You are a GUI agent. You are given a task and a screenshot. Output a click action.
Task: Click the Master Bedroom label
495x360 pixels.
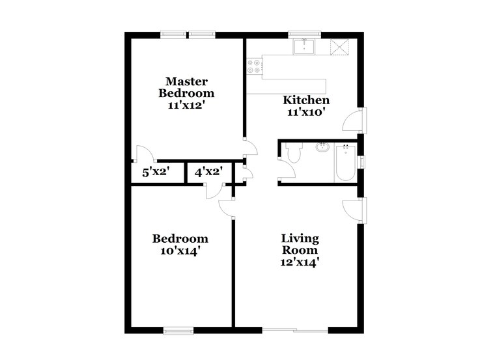point(186,87)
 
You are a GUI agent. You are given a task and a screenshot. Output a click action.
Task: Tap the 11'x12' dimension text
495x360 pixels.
point(186,104)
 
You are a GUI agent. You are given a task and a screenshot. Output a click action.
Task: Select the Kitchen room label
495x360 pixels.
point(305,100)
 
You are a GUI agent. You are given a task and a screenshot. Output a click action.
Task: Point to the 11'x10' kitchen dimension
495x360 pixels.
point(305,112)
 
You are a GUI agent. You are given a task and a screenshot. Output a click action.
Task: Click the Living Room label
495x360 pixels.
point(300,244)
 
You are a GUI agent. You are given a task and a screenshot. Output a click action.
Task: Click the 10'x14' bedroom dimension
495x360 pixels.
point(180,251)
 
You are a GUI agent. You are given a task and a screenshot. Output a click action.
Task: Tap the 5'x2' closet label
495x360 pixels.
point(155,173)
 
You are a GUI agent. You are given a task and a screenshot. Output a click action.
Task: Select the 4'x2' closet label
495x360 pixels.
point(209,173)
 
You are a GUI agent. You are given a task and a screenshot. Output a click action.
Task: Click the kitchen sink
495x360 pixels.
point(305,46)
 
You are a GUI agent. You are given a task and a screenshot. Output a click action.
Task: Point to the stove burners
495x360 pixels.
point(253,66)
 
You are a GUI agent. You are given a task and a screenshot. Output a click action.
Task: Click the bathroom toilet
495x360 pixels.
point(292,154)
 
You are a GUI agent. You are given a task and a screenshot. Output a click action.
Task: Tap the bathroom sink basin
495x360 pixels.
point(322,147)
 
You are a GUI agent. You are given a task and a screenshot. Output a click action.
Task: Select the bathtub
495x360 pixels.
point(345,163)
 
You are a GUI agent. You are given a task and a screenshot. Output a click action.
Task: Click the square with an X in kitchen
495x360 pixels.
point(339,46)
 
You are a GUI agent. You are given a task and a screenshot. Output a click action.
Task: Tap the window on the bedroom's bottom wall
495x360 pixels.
point(180,331)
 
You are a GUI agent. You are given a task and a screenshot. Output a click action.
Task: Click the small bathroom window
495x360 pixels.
point(363,161)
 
